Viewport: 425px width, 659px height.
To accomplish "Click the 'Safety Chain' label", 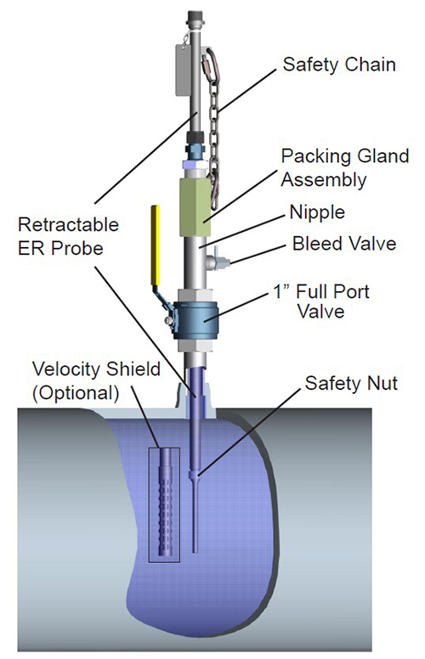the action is click(339, 65).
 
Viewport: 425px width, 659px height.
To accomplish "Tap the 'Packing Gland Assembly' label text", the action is click(344, 167).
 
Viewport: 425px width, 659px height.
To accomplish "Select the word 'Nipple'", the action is click(317, 212).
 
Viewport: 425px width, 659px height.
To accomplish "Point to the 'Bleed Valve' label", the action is click(344, 244).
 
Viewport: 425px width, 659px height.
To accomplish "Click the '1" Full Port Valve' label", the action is click(321, 301).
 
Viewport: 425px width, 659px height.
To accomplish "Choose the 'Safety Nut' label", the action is click(351, 383).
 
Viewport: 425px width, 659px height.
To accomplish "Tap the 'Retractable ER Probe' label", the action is click(68, 236).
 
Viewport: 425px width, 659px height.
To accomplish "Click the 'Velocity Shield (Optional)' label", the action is click(96, 380).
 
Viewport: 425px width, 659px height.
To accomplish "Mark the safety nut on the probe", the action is click(194, 475).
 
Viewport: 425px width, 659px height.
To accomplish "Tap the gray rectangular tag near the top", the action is click(183, 70).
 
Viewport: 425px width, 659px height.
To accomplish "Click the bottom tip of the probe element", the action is click(195, 551).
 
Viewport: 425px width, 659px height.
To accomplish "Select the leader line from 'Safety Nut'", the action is click(249, 432).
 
